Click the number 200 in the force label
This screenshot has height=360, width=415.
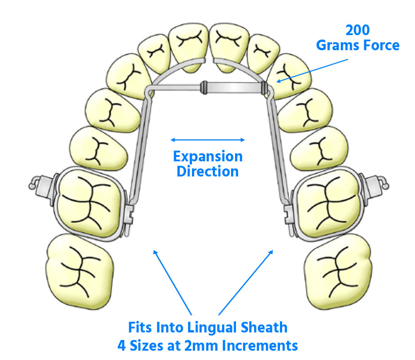coord(358,31)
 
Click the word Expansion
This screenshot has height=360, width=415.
coord(208,156)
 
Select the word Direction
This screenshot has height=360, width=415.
coord(208,171)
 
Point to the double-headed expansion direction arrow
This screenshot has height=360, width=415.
coord(208,140)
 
